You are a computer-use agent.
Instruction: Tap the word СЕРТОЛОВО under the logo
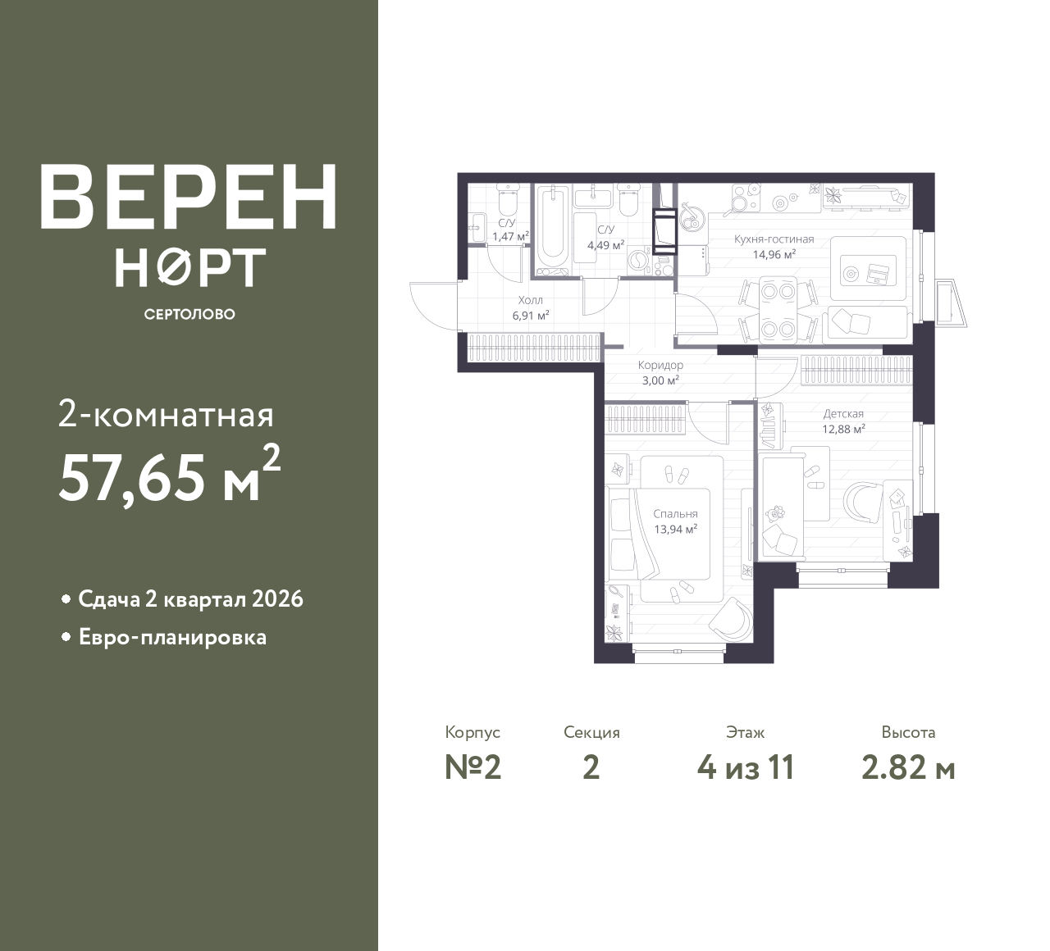pyautogui.click(x=189, y=314)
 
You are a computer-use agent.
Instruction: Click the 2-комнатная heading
pyautogui.click(x=166, y=416)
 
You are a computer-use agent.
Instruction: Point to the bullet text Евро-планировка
pyautogui.click(x=172, y=637)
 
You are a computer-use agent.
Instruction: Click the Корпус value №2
pyautogui.click(x=472, y=768)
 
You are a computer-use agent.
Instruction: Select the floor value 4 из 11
pyautogui.click(x=745, y=768)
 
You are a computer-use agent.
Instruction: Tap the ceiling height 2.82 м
pyautogui.click(x=908, y=768)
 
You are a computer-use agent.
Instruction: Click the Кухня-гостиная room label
pyautogui.click(x=774, y=239)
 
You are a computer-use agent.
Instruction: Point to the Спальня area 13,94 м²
pyautogui.click(x=675, y=529)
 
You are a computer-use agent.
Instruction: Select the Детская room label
pyautogui.click(x=843, y=414)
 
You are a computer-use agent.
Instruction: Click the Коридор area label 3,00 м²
pyautogui.click(x=660, y=380)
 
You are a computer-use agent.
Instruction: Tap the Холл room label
pyautogui.click(x=530, y=300)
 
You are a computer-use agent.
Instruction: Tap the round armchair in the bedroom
pyautogui.click(x=728, y=619)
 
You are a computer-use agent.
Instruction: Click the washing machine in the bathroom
pyautogui.click(x=637, y=262)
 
